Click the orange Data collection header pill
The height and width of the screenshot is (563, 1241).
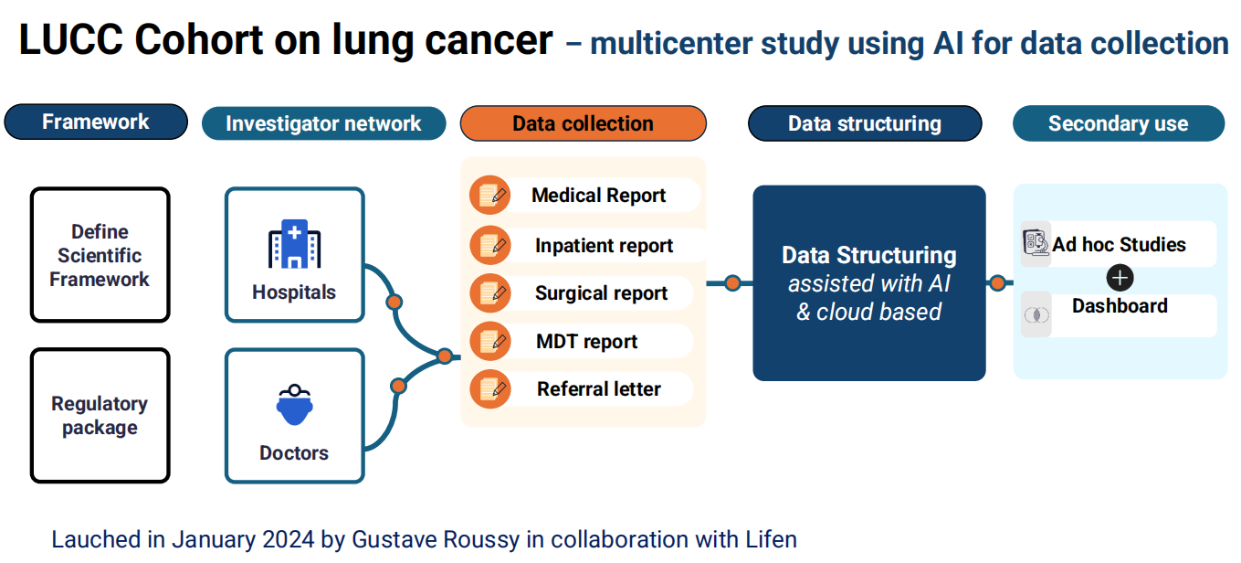click(583, 123)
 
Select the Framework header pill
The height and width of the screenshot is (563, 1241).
click(96, 122)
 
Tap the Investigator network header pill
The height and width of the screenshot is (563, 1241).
click(323, 123)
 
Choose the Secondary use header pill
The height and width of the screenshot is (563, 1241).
click(1118, 123)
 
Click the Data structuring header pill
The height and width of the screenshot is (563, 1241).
click(865, 123)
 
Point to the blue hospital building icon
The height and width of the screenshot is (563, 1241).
click(294, 244)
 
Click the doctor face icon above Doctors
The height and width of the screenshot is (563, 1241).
click(294, 405)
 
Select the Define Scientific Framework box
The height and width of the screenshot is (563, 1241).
click(100, 255)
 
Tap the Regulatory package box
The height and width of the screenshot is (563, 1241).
click(100, 416)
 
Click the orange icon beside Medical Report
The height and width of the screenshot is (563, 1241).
click(489, 196)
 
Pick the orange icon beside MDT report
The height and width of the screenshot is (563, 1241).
click(489, 341)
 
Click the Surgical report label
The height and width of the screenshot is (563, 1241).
click(601, 292)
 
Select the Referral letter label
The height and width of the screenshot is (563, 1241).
click(599, 388)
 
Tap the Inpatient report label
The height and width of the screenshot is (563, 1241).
click(604, 245)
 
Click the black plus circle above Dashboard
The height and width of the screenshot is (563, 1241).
click(1120, 278)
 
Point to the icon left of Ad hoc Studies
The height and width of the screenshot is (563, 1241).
click(1036, 243)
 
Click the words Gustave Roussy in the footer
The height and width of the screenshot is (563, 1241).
click(436, 539)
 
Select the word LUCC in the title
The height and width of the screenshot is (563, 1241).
click(71, 40)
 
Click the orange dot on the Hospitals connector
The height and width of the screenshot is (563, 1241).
click(394, 303)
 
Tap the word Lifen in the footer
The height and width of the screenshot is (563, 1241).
click(772, 539)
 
